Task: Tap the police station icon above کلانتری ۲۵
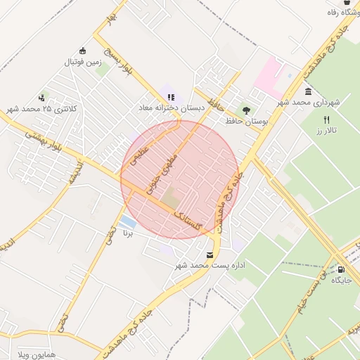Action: click(x=42, y=98)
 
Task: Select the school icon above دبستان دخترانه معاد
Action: click(x=171, y=98)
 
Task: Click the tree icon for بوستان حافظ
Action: click(x=245, y=110)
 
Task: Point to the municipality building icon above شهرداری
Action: click(x=309, y=92)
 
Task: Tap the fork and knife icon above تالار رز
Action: click(x=327, y=120)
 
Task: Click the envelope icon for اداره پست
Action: click(x=209, y=255)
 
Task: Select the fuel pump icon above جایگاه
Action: click(x=341, y=269)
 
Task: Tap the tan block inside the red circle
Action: click(x=172, y=198)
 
